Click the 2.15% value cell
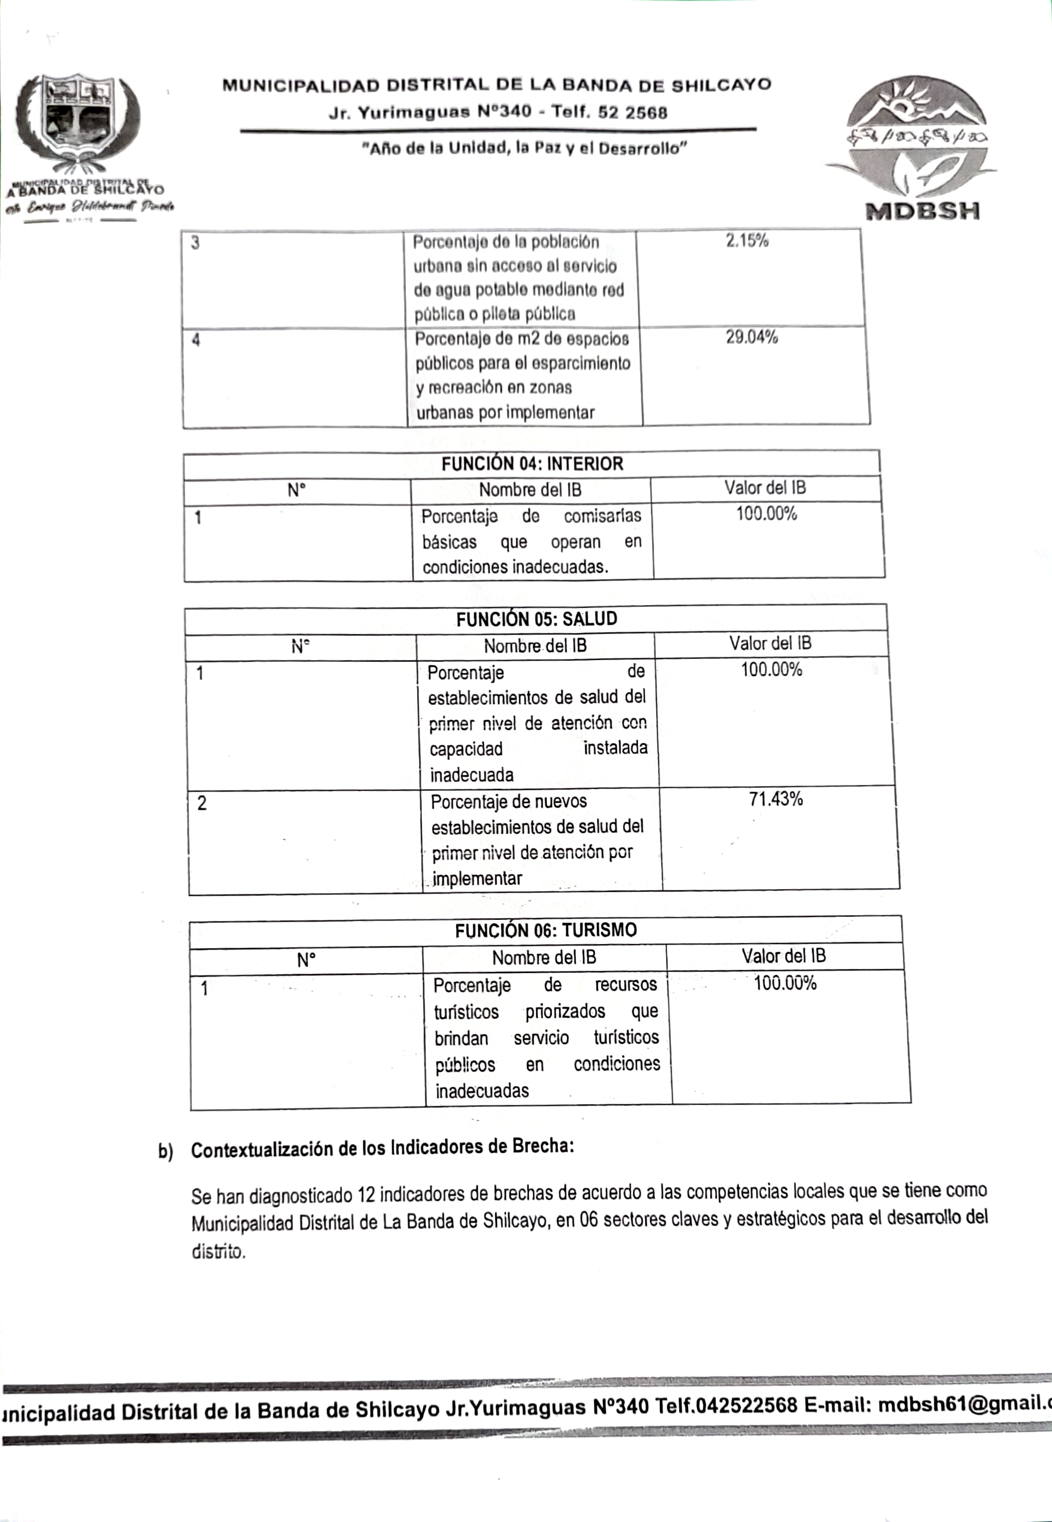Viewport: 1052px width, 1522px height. pos(747,241)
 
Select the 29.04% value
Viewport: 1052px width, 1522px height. pos(751,337)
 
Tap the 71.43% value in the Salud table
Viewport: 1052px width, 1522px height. pos(776,799)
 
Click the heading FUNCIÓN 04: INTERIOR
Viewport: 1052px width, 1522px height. pos(532,464)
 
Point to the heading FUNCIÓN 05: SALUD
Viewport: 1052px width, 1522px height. pos(537,619)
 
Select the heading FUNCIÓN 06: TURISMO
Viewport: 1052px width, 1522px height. pos(546,930)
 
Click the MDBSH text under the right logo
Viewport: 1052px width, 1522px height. pos(922,212)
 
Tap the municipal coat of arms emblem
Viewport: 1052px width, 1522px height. pos(77,120)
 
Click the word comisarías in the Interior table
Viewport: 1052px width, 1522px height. pos(602,516)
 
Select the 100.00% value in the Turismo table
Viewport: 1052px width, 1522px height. pos(785,984)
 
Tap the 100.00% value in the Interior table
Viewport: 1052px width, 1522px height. pos(767,514)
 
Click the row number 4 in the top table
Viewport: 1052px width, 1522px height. pos(196,341)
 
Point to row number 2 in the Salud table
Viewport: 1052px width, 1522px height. pos(202,803)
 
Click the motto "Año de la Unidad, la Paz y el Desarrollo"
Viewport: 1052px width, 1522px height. pos(525,148)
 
